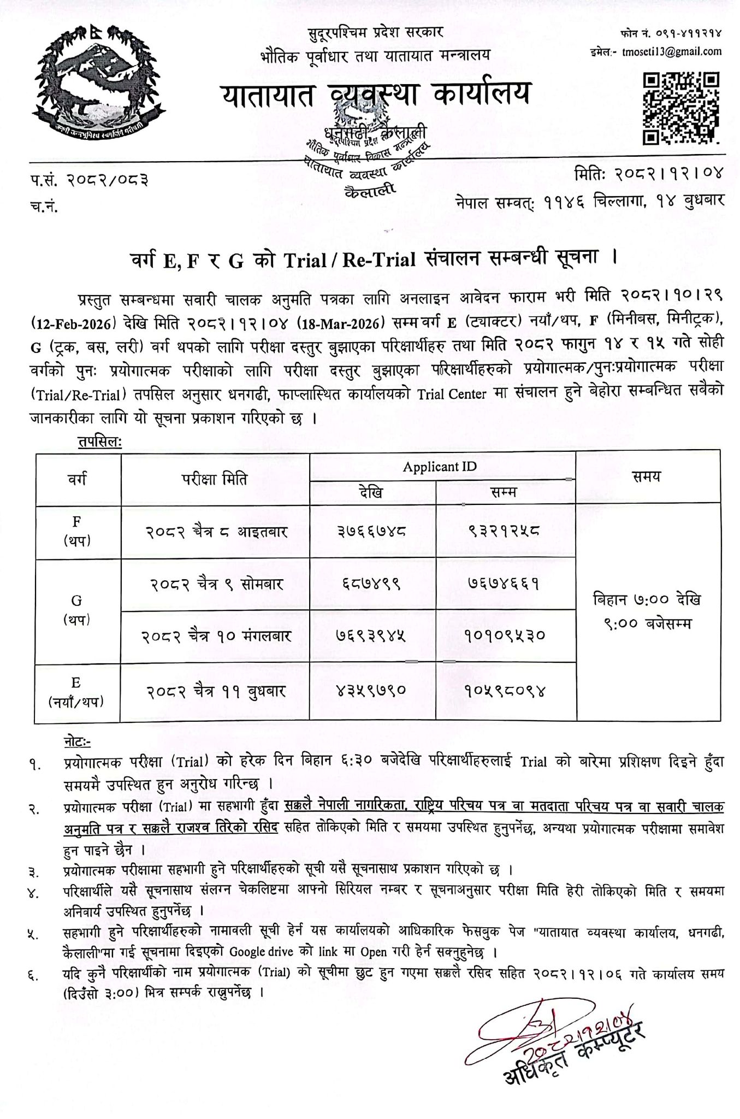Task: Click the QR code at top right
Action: tap(679, 108)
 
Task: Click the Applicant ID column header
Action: tap(440, 466)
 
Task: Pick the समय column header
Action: tap(647, 476)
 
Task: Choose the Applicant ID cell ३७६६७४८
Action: tap(372, 531)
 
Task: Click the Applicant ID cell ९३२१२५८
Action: tap(505, 531)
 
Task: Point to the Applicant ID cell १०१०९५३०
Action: tap(505, 636)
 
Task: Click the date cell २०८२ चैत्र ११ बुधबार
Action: tap(216, 691)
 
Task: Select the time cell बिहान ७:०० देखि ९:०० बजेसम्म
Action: tap(647, 611)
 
